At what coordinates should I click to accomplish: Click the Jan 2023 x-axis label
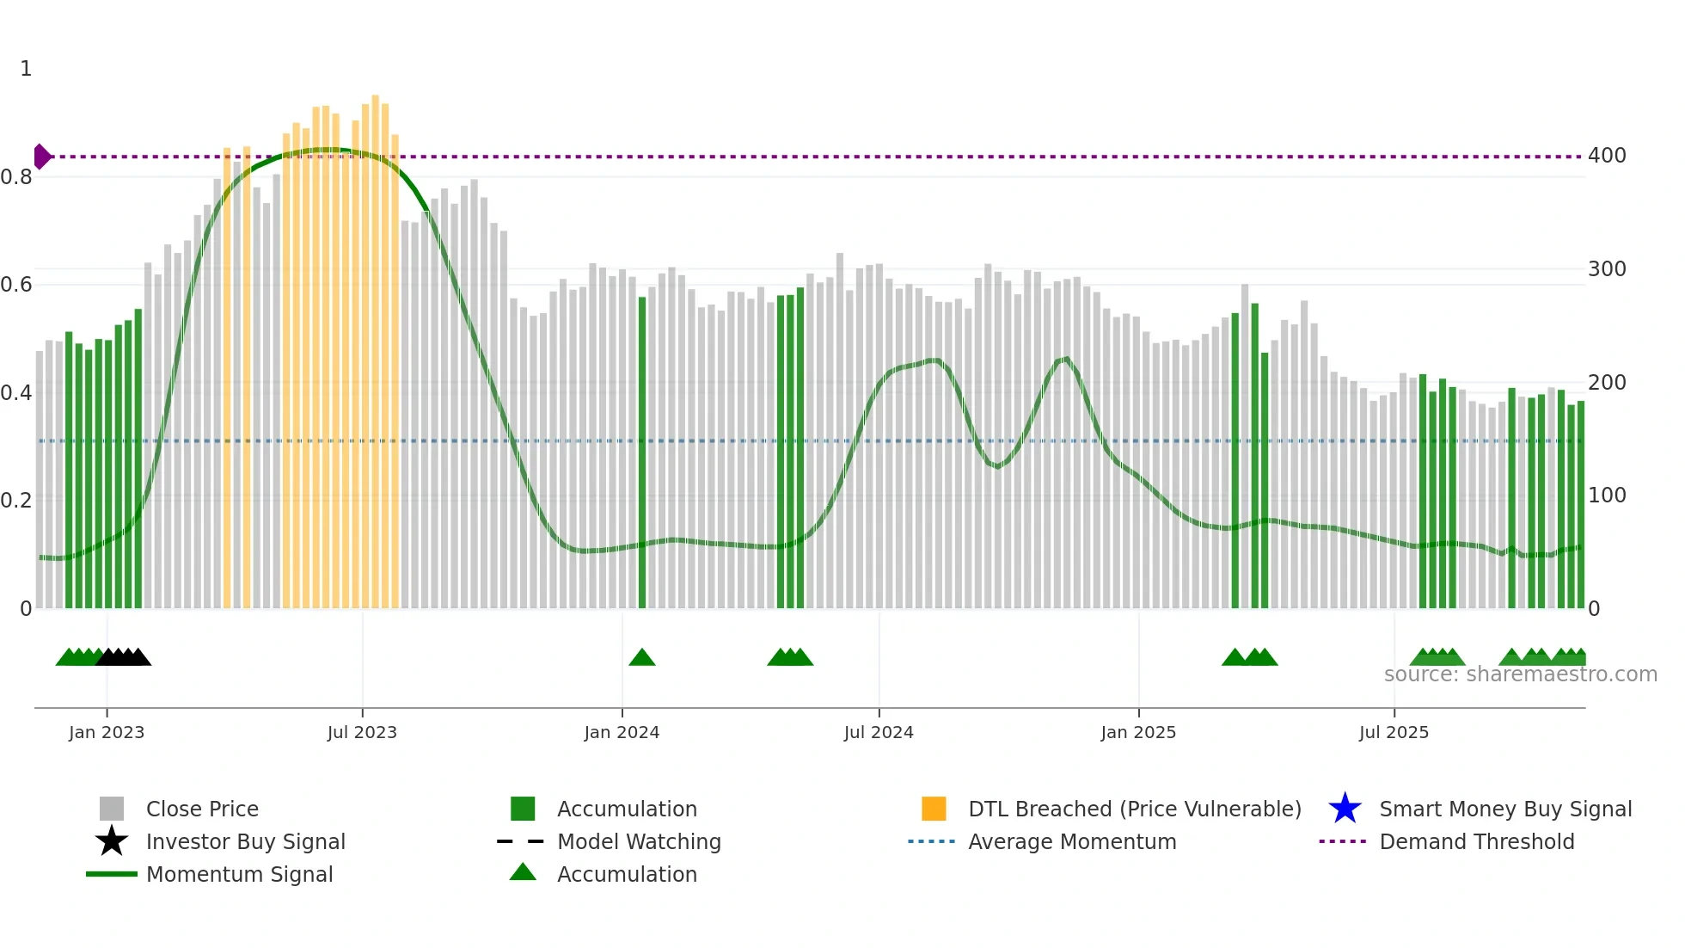107,732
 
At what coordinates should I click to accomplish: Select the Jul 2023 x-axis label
362,732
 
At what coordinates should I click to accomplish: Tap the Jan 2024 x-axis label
622,732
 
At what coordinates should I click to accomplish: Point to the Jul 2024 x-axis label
879,732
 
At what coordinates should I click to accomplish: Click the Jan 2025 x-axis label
1138,732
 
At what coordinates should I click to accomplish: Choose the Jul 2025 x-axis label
1394,732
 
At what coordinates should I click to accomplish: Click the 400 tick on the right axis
1607,156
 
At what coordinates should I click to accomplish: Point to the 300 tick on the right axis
1607,269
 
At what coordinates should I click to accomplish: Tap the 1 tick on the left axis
26,69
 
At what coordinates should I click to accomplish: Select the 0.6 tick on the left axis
16,285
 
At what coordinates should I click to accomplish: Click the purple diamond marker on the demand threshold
41,157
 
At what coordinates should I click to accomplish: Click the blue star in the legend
1345,809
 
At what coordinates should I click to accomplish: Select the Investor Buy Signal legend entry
245,841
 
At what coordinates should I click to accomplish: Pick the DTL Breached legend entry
1134,809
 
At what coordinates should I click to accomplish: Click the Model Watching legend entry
639,841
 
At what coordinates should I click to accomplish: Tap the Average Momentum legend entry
1072,841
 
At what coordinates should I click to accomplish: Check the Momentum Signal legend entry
239,874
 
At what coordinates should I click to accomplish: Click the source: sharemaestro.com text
1520,674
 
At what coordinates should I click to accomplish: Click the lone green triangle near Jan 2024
642,658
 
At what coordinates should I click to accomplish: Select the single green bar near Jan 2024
642,452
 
